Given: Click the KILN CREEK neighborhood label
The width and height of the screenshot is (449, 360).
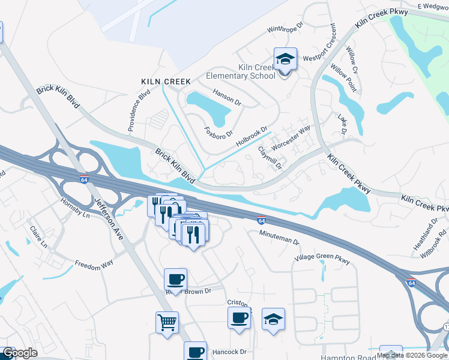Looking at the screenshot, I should click(x=166, y=81).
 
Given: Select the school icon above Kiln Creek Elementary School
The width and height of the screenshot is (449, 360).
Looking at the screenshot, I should click(x=285, y=60).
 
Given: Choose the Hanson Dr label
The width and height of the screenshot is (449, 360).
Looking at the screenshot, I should click(x=227, y=96).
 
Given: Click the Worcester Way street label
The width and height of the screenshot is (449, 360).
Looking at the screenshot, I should click(x=291, y=138).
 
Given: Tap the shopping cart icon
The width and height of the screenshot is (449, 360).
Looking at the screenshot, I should click(x=167, y=322).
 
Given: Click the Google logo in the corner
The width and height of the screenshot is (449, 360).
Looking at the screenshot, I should click(x=20, y=353).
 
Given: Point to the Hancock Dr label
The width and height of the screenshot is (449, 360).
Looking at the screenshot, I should click(x=230, y=352).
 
